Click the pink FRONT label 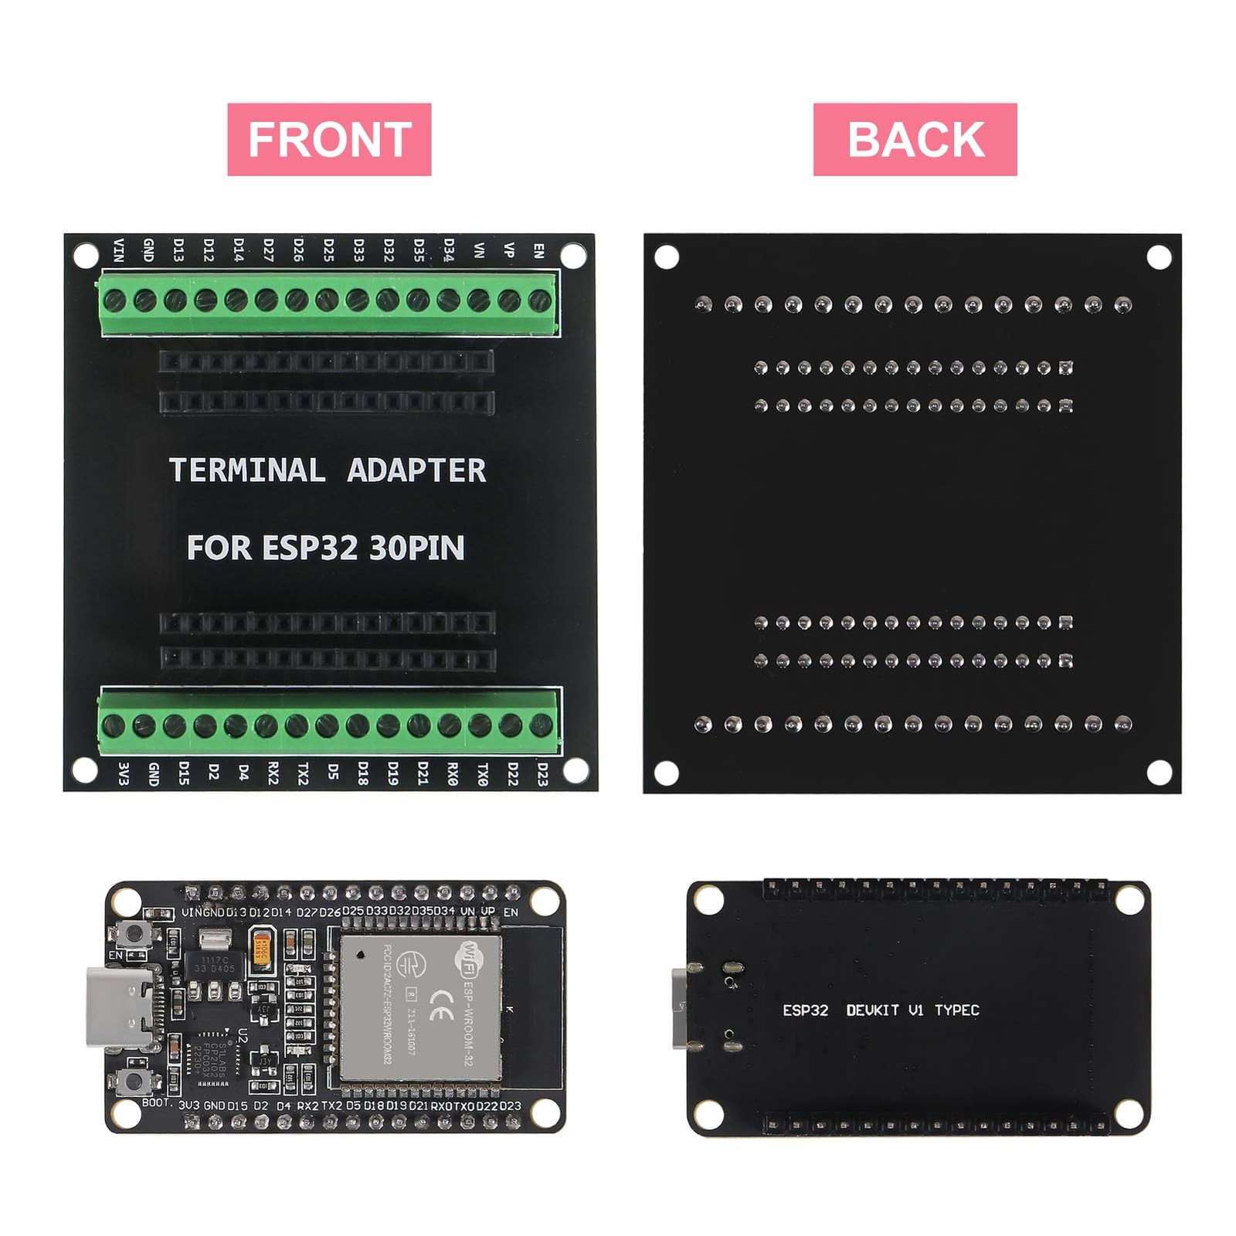click(329, 139)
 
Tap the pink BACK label click(915, 139)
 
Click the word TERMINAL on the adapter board click(247, 470)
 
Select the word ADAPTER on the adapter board click(416, 470)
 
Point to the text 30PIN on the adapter click(417, 548)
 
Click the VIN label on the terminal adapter click(118, 250)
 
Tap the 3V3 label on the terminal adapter click(122, 773)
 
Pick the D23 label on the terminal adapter click(542, 773)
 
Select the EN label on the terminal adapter click(539, 250)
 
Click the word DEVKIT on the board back click(873, 1010)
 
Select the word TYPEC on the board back click(956, 1010)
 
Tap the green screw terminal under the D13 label click(175, 300)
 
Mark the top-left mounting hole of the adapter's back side click(667, 256)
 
